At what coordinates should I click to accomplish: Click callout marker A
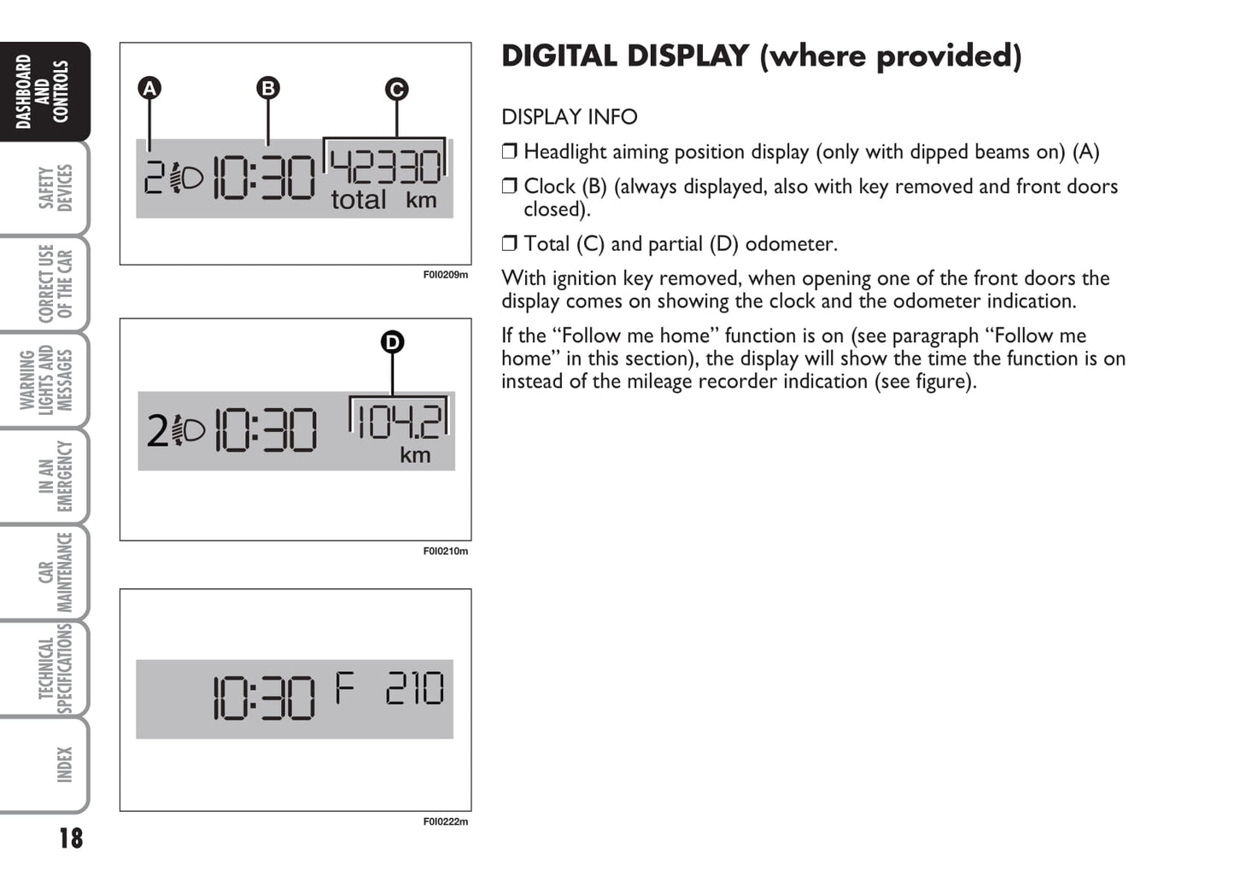pyautogui.click(x=149, y=88)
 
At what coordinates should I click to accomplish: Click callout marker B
pyautogui.click(x=268, y=88)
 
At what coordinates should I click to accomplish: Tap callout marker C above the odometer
pyautogui.click(x=396, y=90)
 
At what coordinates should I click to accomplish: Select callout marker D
pyautogui.click(x=392, y=342)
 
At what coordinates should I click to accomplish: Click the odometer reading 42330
pyautogui.click(x=386, y=167)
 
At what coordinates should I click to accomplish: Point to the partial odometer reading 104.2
pyautogui.click(x=400, y=422)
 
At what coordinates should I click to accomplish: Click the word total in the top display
pyautogui.click(x=358, y=200)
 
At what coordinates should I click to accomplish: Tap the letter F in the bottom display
pyautogui.click(x=345, y=688)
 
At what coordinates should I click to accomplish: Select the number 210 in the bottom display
pyautogui.click(x=415, y=688)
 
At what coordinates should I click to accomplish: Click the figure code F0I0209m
pyautogui.click(x=446, y=275)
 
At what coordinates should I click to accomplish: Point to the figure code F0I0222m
pyautogui.click(x=446, y=822)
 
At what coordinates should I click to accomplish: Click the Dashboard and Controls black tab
pyautogui.click(x=44, y=91)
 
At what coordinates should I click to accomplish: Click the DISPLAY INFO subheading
pyautogui.click(x=569, y=117)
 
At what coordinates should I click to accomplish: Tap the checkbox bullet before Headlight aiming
pyautogui.click(x=509, y=151)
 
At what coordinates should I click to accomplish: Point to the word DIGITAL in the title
pyautogui.click(x=559, y=56)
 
